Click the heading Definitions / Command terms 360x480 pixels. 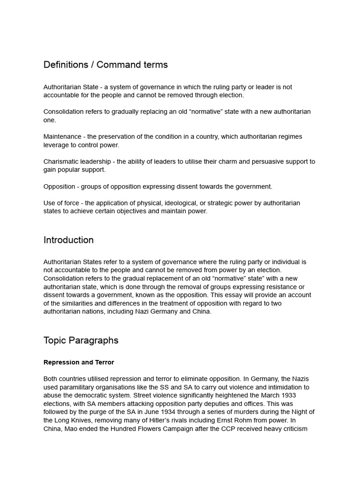pyautogui.click(x=105, y=65)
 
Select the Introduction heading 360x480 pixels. pyautogui.click(x=68, y=240)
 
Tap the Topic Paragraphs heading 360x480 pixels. pyautogui.click(x=81, y=340)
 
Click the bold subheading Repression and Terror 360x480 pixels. pyautogui.click(x=79, y=362)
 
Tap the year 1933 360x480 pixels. pyautogui.click(x=287, y=396)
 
